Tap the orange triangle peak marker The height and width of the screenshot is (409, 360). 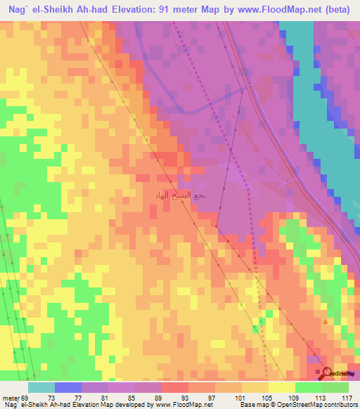[x=325, y=321]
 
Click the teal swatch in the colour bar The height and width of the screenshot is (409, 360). [x=41, y=387]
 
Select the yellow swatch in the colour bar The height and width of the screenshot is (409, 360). [x=281, y=387]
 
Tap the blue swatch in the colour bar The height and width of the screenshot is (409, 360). [x=67, y=387]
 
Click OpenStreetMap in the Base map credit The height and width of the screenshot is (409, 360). [x=287, y=405]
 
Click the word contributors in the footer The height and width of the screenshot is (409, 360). [x=337, y=405]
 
